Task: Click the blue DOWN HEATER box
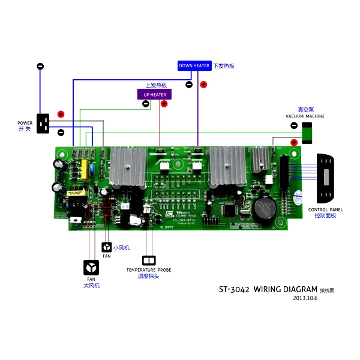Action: [194, 66]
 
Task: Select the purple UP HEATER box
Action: [155, 94]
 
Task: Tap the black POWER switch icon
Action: [43, 124]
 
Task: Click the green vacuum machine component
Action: [307, 133]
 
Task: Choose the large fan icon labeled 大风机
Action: [91, 267]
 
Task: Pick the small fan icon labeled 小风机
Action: [106, 247]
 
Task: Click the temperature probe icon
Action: [148, 260]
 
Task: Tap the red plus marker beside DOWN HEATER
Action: [203, 85]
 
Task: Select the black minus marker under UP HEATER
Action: [146, 104]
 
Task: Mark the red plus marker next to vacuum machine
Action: [294, 142]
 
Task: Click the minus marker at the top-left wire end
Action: [40, 66]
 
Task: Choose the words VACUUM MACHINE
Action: [305, 116]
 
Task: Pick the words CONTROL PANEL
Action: [326, 210]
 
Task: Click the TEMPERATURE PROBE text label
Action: [148, 270]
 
